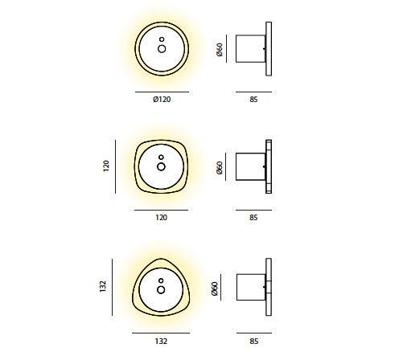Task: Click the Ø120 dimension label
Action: click(x=161, y=100)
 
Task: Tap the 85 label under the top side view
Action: click(x=253, y=100)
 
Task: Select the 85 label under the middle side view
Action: click(x=253, y=217)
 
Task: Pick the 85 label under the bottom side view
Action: click(x=253, y=340)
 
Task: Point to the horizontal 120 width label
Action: click(x=161, y=217)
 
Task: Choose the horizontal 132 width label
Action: click(x=161, y=340)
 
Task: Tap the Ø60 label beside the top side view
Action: click(x=220, y=51)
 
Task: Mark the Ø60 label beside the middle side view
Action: click(x=220, y=169)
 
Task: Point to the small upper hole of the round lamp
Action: click(x=161, y=39)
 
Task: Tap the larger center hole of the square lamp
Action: click(x=161, y=166)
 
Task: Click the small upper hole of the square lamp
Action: click(x=161, y=157)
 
